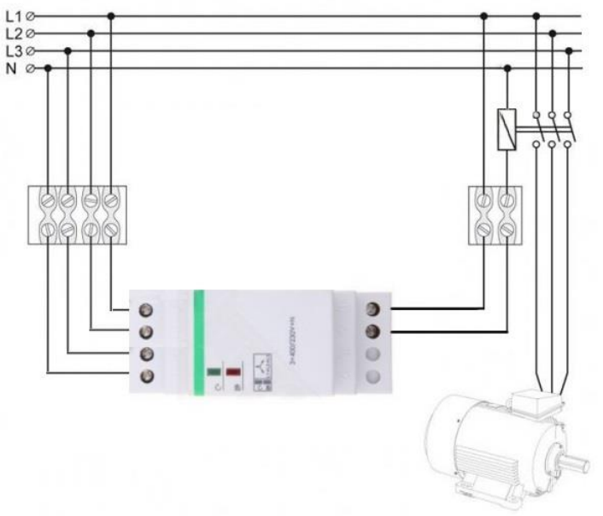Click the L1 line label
point(13,16)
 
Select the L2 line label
point(13,33)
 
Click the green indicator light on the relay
point(213,373)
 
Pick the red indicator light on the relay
point(231,373)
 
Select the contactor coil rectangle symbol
point(506,129)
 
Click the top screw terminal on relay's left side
point(146,308)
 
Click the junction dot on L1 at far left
point(111,15)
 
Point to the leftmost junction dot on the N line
point(48,68)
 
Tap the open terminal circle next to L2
point(32,33)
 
